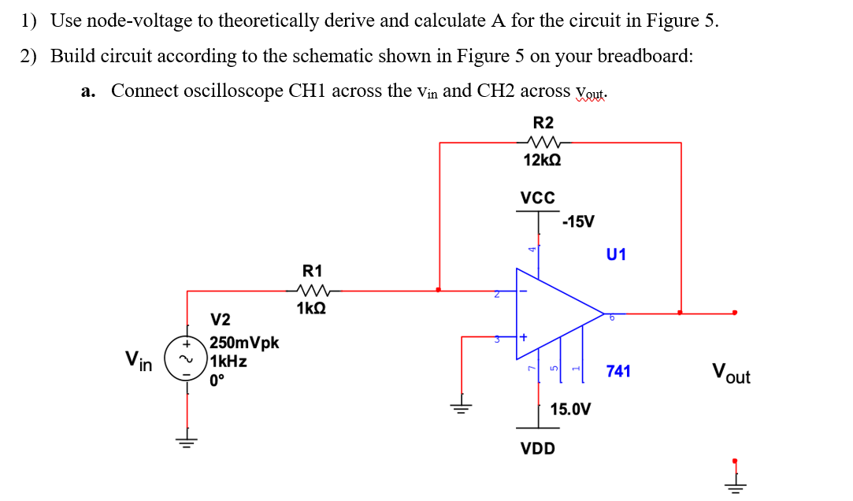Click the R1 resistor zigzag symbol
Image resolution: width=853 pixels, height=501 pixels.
click(313, 289)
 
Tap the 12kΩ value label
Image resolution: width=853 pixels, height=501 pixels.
click(543, 160)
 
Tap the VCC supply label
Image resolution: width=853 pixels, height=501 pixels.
click(538, 197)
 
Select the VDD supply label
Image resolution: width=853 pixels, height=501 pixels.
click(538, 449)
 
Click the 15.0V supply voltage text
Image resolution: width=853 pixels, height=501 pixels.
click(571, 409)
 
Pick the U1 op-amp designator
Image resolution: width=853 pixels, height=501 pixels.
click(616, 254)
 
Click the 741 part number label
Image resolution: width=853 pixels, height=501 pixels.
click(618, 370)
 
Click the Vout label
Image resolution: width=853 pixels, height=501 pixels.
click(730, 373)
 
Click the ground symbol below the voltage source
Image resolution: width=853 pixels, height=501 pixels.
click(187, 441)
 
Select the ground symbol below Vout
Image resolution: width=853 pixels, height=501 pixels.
click(734, 481)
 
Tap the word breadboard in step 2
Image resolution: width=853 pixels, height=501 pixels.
click(645, 57)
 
